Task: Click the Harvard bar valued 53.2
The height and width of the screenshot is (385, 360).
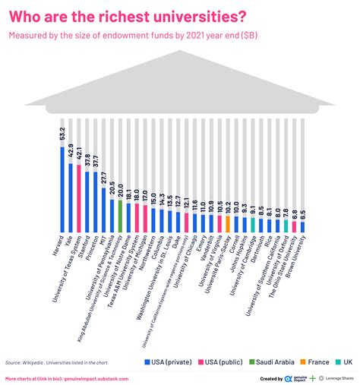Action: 62,190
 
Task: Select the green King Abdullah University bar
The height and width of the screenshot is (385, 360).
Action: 120,216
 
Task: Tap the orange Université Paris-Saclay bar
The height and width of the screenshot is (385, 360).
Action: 229,224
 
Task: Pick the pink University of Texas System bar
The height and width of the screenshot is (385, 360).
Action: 79,199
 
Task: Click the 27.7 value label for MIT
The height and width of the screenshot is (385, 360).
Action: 104,179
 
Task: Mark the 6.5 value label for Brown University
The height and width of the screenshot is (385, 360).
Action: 303,214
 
